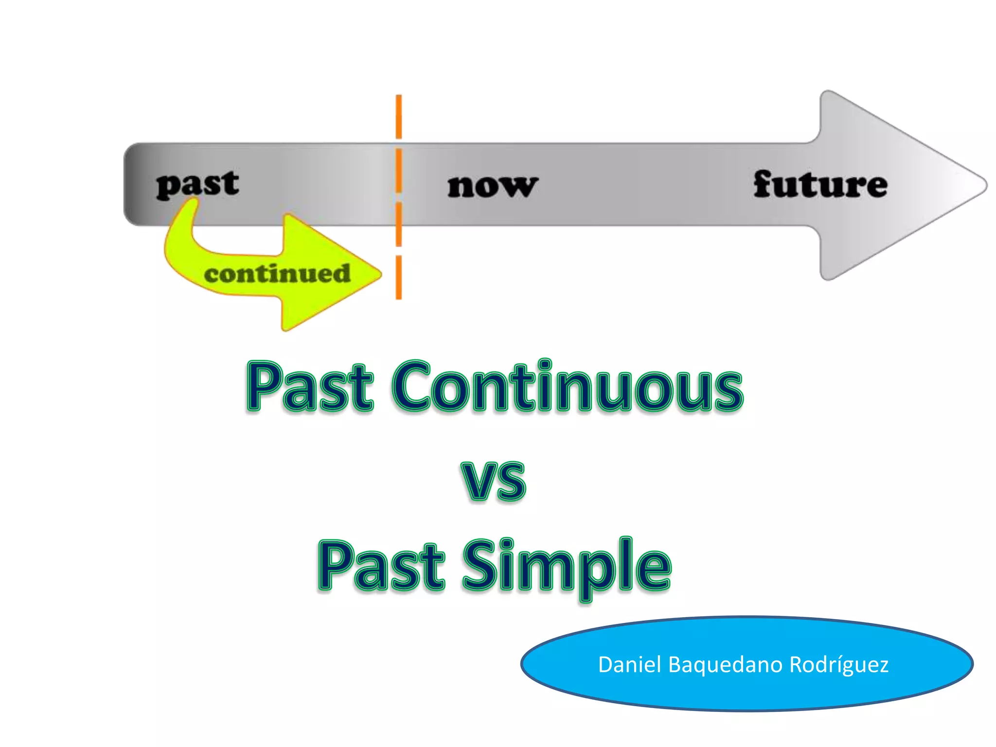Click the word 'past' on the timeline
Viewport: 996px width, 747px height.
(x=197, y=185)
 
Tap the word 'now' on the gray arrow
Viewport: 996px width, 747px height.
(x=492, y=187)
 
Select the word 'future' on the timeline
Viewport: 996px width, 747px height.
(x=820, y=185)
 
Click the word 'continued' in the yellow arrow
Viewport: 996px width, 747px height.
(x=277, y=274)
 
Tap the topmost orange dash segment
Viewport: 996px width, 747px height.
(x=399, y=117)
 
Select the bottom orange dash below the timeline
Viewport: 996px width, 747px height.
(x=399, y=277)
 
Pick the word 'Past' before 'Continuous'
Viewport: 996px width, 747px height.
(x=310, y=387)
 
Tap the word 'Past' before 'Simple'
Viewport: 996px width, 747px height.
(x=381, y=567)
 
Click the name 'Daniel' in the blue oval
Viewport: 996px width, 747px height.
(x=629, y=664)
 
